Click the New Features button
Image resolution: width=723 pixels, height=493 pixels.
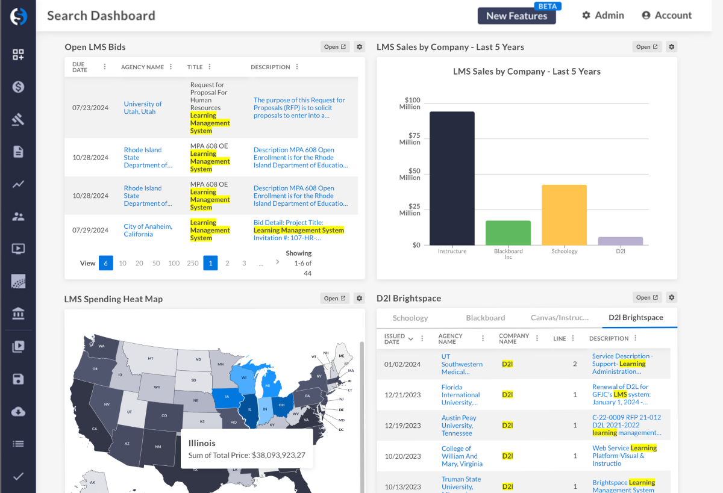tap(516, 16)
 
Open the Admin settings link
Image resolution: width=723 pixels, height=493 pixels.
tap(602, 15)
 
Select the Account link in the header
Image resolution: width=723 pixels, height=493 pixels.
tap(666, 15)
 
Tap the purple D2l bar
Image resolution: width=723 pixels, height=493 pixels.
tap(620, 241)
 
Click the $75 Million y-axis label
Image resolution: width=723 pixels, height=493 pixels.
tap(410, 138)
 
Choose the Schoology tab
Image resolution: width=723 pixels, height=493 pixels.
tap(410, 318)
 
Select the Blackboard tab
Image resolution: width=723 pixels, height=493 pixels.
tap(485, 318)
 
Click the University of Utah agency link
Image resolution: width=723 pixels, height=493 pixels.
tap(143, 108)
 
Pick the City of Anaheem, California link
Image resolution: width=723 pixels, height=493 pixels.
tap(148, 230)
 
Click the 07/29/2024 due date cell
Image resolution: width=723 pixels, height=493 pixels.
tap(90, 230)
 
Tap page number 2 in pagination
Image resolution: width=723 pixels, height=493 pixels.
tap(227, 263)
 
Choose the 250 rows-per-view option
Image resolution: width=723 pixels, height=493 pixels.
tap(193, 263)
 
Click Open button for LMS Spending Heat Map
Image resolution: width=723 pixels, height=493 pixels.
tap(334, 298)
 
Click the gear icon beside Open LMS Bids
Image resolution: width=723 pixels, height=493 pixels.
tap(360, 47)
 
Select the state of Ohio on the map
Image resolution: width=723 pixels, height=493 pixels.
tap(281, 405)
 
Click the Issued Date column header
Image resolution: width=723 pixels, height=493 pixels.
tap(395, 339)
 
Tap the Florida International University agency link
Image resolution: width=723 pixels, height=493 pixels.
tap(460, 395)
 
